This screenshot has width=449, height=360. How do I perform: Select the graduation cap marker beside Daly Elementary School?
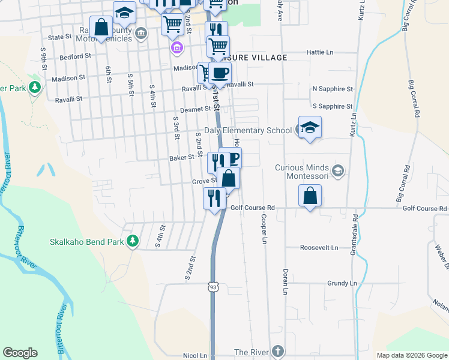click(310, 127)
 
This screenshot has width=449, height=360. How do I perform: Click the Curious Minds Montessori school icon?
click(338, 171)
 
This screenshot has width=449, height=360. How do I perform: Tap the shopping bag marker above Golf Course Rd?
click(310, 196)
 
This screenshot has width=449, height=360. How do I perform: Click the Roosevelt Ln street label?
click(319, 247)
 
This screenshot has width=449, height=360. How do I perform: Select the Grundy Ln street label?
click(342, 283)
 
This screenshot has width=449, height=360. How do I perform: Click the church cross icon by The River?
click(277, 351)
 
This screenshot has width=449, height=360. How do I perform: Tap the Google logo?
click(20, 353)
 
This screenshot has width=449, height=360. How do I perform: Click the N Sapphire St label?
click(333, 89)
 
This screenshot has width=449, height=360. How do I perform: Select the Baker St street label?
click(182, 157)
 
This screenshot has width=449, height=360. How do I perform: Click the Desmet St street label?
click(195, 110)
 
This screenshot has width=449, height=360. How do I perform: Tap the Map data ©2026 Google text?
click(411, 355)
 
